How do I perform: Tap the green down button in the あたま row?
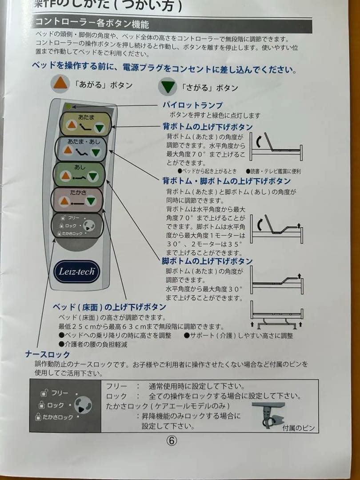100,128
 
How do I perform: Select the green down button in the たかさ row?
91,202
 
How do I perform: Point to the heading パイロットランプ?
192,105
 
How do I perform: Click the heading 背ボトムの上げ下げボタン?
208,127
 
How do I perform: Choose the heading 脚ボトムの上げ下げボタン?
208,261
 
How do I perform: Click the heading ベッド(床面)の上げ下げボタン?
109,307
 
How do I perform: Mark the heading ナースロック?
48,354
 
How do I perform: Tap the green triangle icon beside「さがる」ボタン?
168,87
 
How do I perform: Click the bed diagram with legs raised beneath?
276,315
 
